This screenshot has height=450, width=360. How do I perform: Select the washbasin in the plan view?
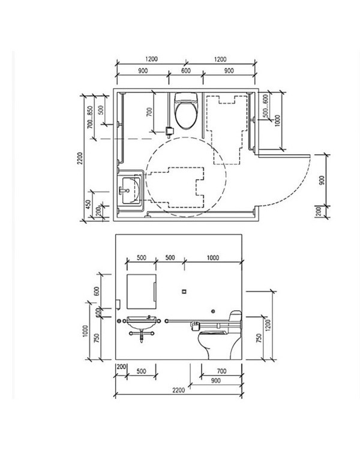pos(131,190)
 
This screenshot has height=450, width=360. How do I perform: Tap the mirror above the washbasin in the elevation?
pos(142,291)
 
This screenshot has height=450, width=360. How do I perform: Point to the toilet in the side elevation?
pos(220,336)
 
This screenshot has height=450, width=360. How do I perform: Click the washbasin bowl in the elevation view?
pos(141,323)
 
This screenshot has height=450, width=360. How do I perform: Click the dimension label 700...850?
pos(91,118)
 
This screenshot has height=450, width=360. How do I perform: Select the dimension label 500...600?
pos(266,106)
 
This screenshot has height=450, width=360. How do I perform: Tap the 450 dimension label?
pos(88,204)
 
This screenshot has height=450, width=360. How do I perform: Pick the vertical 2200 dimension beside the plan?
pos(80,158)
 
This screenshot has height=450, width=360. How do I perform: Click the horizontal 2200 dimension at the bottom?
pos(178,391)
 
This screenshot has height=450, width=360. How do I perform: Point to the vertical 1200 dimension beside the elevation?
pos(268,325)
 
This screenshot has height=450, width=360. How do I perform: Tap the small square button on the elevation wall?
pos(184,292)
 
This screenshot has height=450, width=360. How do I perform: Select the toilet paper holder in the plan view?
pos(170,132)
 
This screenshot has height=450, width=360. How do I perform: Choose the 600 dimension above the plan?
pos(186,71)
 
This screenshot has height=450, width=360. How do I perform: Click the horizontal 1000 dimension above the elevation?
pos(213,257)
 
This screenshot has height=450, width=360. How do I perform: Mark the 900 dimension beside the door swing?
pos(322,180)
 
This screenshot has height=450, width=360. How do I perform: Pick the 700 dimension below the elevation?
pos(221,371)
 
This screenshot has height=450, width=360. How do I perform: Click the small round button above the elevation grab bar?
pos(213,311)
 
